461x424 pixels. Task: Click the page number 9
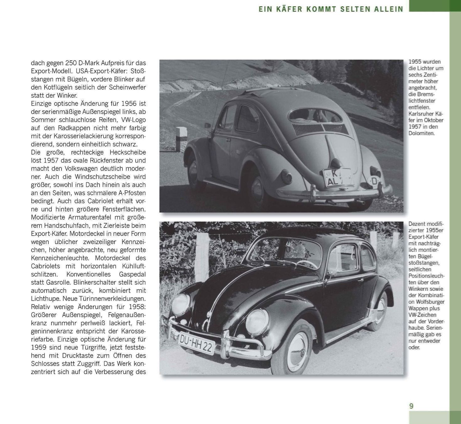click(411, 406)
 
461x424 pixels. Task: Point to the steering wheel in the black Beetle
click(306, 264)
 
